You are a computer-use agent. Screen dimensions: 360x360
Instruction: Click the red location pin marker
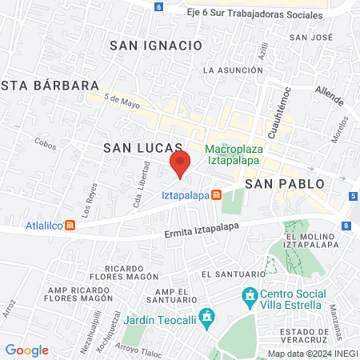pos(181,164)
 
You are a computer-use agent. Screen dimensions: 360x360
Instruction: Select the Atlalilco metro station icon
pos(70,225)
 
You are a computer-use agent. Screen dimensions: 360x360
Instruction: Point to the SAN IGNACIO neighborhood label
pos(156,46)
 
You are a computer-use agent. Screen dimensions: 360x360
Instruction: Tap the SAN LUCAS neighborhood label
pos(133,148)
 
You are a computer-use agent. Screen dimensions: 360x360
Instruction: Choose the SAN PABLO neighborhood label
pos(285,183)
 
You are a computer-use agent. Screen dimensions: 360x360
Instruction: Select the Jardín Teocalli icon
pos(208,317)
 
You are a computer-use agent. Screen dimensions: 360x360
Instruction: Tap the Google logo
pos(26,350)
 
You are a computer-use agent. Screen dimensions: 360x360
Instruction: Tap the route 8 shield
pos(345,226)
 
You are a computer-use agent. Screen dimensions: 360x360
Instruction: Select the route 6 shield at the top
pos(158,6)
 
